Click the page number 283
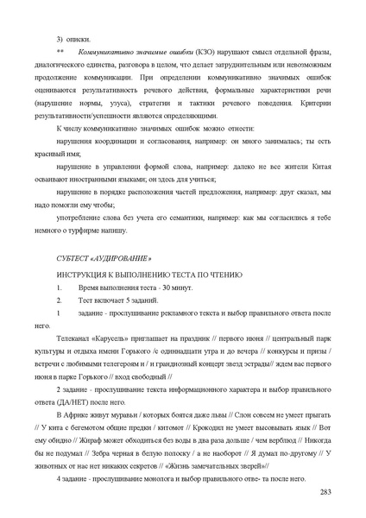click(x=324, y=492)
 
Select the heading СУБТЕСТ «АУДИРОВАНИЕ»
click(x=103, y=259)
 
